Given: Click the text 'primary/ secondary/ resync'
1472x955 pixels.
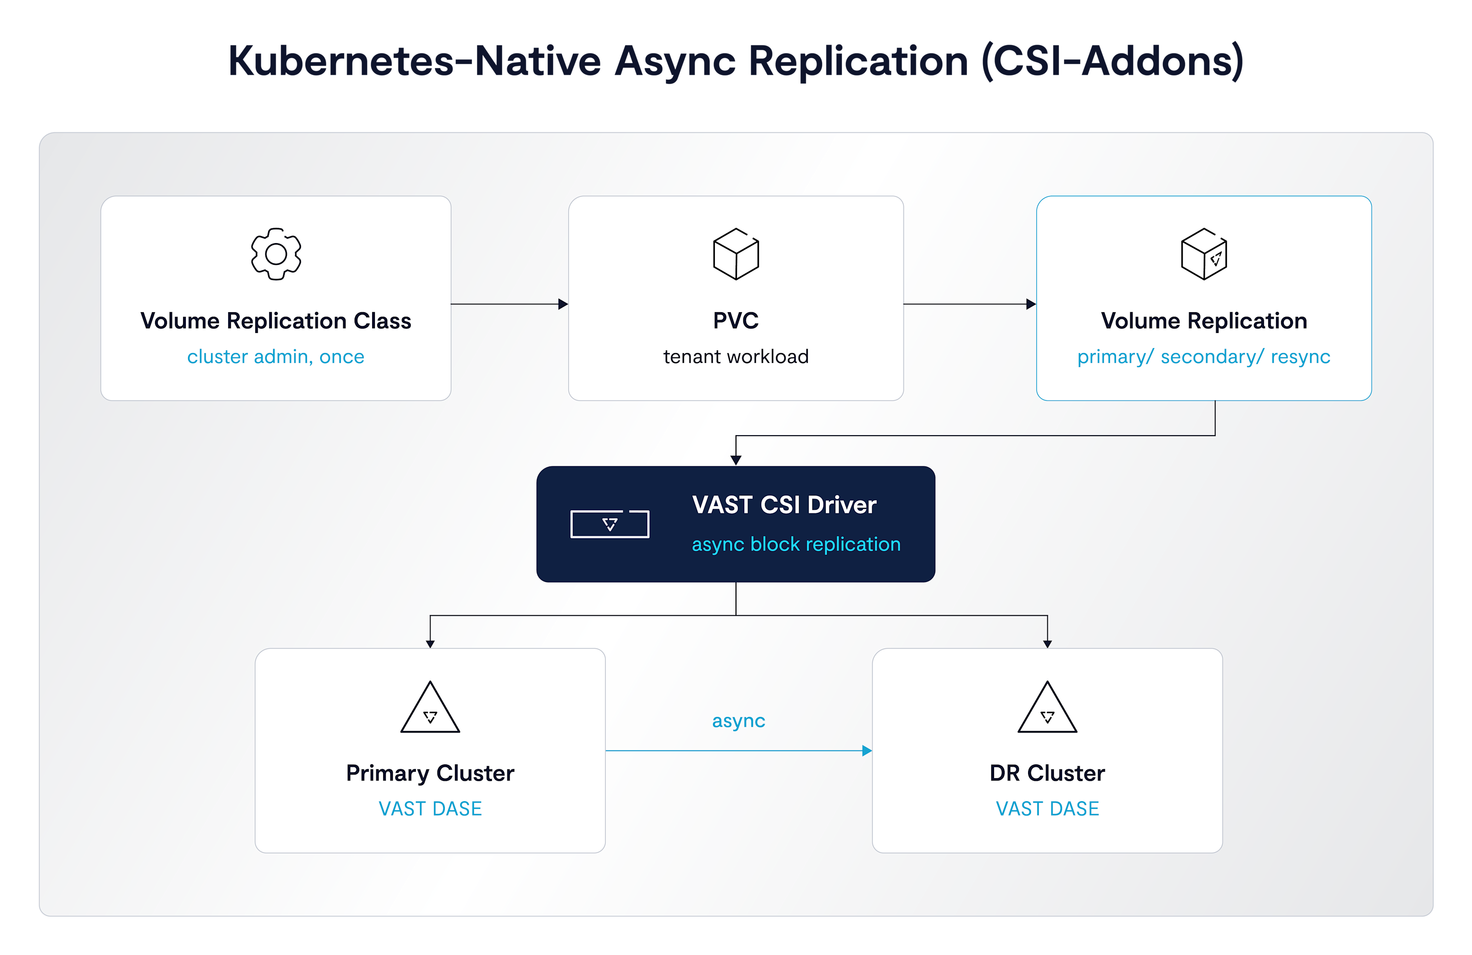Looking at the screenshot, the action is point(1203,357).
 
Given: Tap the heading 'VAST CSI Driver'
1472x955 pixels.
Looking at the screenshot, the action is point(784,505).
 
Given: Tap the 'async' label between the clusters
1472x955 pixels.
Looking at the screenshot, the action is point(738,722).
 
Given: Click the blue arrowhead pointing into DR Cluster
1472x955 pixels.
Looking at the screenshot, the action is point(867,751).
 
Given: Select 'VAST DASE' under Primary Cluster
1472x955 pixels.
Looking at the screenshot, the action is point(431,809).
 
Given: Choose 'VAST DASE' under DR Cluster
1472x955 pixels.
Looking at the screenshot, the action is point(1048,809).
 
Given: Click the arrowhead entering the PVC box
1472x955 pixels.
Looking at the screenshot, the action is point(563,304).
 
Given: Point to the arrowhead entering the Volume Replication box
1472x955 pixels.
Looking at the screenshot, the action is point(1031,304).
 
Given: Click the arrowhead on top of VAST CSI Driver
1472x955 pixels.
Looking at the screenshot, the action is point(736,460).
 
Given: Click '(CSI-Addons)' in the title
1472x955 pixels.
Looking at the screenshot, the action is point(1113,62).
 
